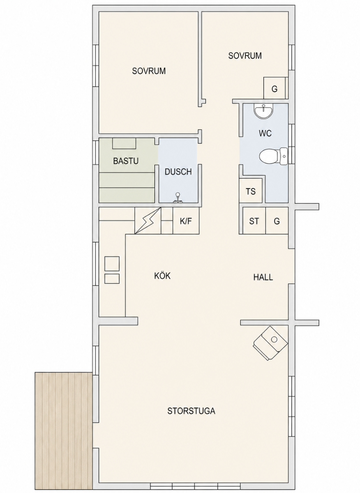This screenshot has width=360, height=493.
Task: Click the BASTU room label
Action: [x=126, y=161]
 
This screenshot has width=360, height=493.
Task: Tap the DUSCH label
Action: [x=178, y=172]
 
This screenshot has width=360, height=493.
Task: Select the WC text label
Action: [x=265, y=133]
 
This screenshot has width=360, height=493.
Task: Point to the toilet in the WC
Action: [x=273, y=156]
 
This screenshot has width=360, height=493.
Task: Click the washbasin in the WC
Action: [x=263, y=111]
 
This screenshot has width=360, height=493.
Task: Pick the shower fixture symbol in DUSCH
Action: [x=178, y=198]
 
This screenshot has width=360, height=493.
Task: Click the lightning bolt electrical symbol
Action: [x=148, y=220]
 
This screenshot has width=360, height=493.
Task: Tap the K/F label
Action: [x=186, y=221]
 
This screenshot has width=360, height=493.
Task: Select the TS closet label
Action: [x=251, y=191]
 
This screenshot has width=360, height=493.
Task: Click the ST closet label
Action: [x=254, y=221]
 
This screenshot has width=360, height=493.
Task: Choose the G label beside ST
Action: [x=277, y=221]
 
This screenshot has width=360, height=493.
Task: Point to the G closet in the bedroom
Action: [x=275, y=88]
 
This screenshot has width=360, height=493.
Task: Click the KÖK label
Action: [x=162, y=276]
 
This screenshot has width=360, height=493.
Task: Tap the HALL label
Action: [x=263, y=277]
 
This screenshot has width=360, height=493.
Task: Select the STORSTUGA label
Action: [x=192, y=411]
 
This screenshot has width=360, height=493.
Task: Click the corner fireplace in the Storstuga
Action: [x=270, y=343]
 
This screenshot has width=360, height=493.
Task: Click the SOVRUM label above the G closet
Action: [x=245, y=56]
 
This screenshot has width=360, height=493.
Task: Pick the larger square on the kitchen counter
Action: [x=112, y=263]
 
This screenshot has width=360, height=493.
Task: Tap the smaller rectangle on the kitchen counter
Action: [x=112, y=279]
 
